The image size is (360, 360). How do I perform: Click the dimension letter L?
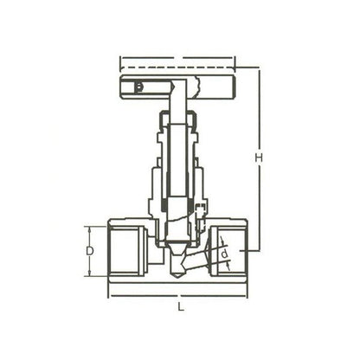click(178, 305)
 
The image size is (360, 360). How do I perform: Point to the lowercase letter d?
click(222, 254)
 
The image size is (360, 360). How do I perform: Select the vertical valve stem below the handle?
click(177, 138)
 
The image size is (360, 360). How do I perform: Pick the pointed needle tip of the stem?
click(177, 272)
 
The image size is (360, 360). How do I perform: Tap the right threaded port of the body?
click(232, 251)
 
